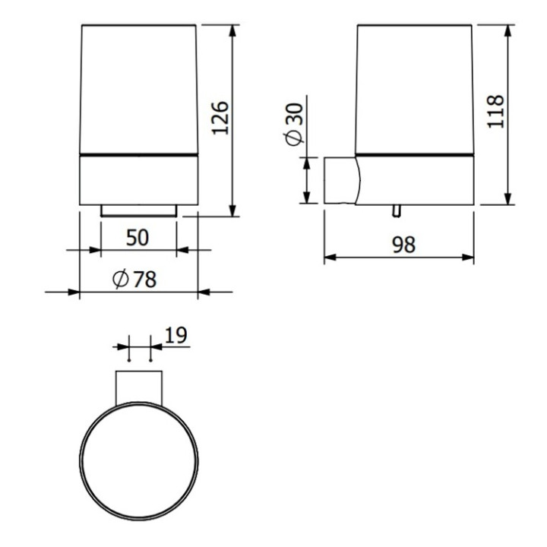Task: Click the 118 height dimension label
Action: [x=495, y=112]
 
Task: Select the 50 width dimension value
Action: [x=138, y=237]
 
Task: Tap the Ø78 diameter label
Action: [x=134, y=280]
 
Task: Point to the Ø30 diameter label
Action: [x=293, y=124]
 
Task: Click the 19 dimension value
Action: [x=174, y=335]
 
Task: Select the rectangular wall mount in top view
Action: [x=139, y=386]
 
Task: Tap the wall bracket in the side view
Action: [x=340, y=180]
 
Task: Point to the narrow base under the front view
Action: [x=139, y=210]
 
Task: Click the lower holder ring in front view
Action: [x=139, y=180]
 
